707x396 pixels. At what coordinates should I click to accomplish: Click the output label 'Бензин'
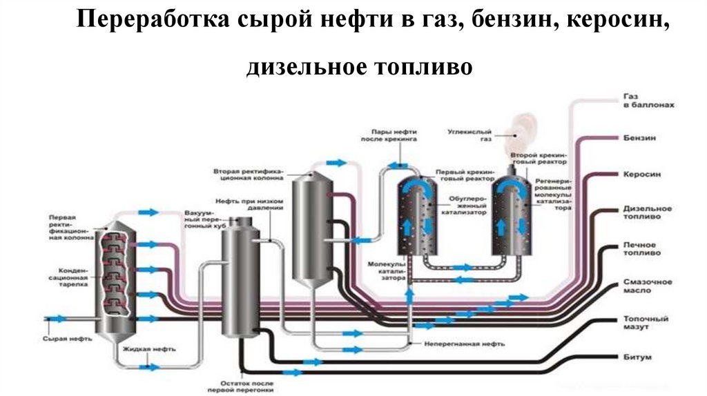pyautogui.click(x=639, y=138)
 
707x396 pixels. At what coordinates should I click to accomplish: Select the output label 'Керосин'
pyautogui.click(x=641, y=175)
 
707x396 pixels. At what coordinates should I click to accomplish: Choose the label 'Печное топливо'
pyautogui.click(x=641, y=249)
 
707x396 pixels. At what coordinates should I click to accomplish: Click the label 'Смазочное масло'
pyautogui.click(x=646, y=286)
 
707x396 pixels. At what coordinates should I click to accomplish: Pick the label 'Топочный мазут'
pyautogui.click(x=643, y=324)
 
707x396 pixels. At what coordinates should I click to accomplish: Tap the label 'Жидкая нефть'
pyautogui.click(x=145, y=349)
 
